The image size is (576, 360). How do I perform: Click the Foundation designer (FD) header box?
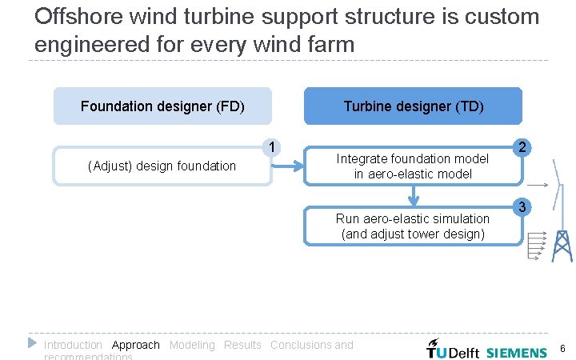[162, 106]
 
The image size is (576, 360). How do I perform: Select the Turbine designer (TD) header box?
[413, 106]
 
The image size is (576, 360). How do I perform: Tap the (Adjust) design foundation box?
[162, 166]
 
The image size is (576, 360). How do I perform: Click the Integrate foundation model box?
[413, 166]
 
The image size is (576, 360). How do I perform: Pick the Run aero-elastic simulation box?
[413, 226]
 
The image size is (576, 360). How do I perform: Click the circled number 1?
[273, 147]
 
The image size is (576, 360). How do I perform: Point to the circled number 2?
[522, 147]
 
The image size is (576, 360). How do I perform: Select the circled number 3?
[522, 208]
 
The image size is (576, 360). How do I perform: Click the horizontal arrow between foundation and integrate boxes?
[288, 166]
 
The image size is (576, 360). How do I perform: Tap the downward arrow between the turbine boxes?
[413, 196]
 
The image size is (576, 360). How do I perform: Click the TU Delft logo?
[453, 350]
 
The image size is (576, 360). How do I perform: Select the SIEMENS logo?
[517, 352]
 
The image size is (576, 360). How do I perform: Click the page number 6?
[562, 349]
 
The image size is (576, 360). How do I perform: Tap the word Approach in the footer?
[136, 346]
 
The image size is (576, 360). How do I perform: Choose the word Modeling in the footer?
[192, 346]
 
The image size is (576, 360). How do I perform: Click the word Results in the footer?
[242, 346]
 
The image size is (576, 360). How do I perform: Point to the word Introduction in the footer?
[73, 346]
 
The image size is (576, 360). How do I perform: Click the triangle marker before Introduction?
[32, 342]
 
